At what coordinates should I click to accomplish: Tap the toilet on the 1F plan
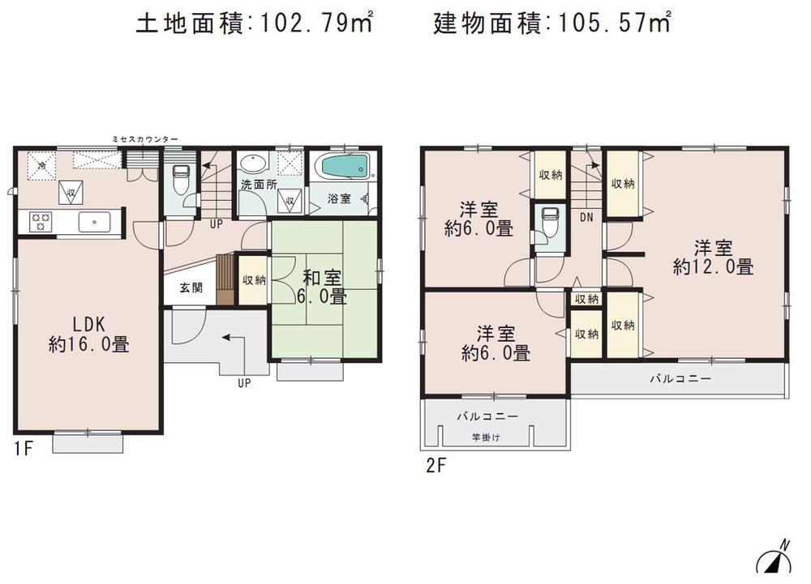(x=181, y=177)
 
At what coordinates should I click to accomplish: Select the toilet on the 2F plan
(x=549, y=220)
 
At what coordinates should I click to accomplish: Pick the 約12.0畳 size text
(x=714, y=266)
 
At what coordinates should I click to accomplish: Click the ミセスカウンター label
(x=145, y=139)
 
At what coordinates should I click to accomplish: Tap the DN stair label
(x=586, y=218)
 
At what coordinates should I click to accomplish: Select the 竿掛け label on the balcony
(x=486, y=437)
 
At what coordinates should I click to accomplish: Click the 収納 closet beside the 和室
(x=254, y=280)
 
